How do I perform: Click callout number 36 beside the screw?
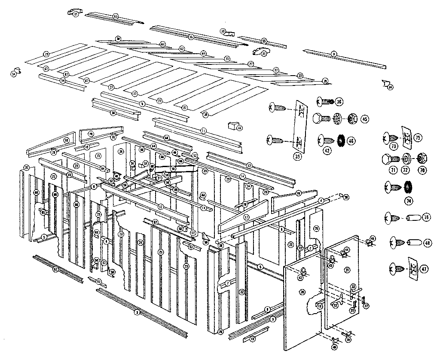339,102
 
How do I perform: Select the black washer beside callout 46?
340,140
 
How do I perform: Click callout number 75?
418,137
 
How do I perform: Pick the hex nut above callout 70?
421,159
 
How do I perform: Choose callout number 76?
426,217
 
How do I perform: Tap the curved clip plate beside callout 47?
410,268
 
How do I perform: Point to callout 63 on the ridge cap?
116,16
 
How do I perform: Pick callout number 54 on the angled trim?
63,80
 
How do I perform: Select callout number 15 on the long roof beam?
191,37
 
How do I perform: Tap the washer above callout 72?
405,159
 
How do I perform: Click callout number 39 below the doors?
348,339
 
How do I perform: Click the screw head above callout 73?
389,138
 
